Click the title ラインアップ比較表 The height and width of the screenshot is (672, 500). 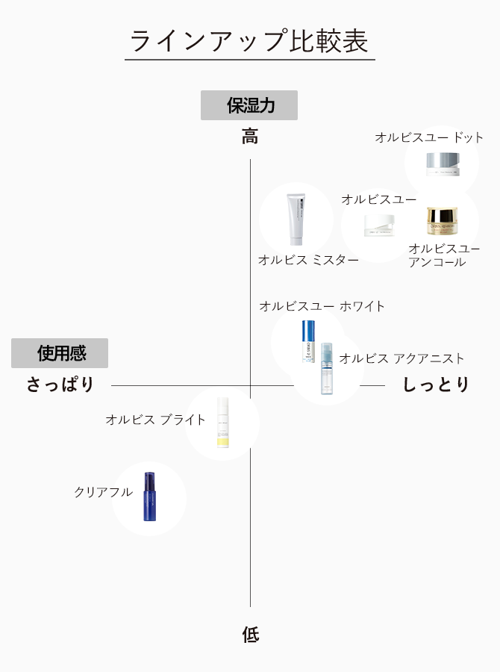pos(249,41)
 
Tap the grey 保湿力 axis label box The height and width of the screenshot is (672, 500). pos(249,105)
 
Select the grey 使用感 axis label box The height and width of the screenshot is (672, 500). pos(60,353)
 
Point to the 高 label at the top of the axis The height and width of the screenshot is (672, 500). pos(250,137)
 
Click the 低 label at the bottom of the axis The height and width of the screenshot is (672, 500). pos(250,635)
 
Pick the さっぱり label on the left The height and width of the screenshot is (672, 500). pos(61,385)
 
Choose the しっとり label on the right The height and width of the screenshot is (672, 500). pos(437,385)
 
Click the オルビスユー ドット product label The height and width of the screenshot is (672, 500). pos(429,137)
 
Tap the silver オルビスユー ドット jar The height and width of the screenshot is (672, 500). pos(443,164)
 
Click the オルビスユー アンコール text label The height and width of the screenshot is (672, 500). pos(444,255)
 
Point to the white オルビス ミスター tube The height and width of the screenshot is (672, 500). pos(296,220)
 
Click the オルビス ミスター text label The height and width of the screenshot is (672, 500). pos(308,260)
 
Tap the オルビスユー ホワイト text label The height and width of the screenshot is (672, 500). pos(322,306)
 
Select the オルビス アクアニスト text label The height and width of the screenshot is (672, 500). pos(401,359)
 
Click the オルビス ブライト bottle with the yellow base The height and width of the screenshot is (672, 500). pos(222,423)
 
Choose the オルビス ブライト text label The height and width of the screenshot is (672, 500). pos(155,420)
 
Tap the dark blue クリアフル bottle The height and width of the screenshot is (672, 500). pos(149,497)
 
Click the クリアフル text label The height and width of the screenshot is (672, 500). pos(103,492)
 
